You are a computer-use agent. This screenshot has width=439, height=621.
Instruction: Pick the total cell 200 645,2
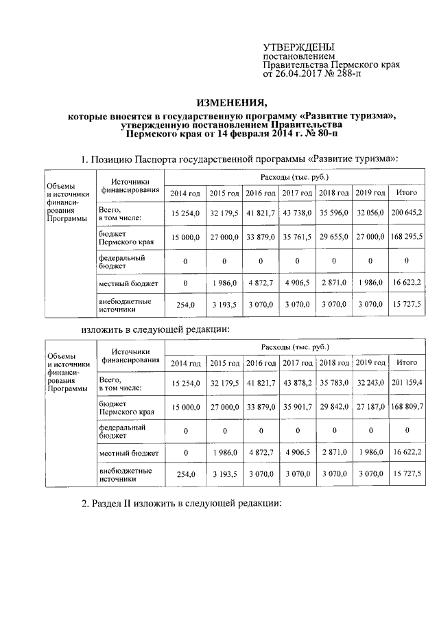click(x=407, y=214)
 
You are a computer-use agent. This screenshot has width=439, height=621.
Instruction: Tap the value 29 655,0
click(x=333, y=237)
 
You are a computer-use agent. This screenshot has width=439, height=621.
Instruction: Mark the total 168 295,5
click(x=407, y=237)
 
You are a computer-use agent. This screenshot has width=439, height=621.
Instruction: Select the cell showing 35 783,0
click(x=333, y=383)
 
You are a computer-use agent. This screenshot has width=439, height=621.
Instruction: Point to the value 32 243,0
click(x=370, y=383)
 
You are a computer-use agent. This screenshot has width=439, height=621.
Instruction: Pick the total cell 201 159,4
click(x=407, y=383)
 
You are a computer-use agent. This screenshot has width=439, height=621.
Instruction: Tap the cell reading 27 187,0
click(x=370, y=407)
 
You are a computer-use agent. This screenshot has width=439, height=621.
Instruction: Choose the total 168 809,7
click(x=407, y=407)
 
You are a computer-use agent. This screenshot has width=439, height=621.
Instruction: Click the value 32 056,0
click(x=370, y=214)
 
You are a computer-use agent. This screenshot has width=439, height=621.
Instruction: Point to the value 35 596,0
click(x=333, y=214)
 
